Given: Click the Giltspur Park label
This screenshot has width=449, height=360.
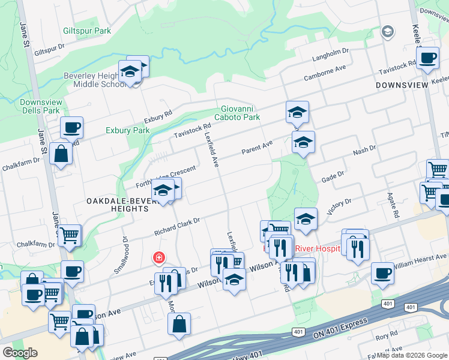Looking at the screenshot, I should pos(87,31).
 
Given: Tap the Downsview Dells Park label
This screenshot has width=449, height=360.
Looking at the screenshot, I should pos(40,106).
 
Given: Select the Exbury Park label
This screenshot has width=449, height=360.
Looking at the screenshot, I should pos(127,130).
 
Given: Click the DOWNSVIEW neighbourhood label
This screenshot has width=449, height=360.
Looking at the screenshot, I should pos(402,85).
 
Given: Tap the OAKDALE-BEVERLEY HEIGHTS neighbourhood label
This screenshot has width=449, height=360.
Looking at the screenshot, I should pos(117,204).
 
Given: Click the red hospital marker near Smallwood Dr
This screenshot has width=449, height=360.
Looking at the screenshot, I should pos(158,258).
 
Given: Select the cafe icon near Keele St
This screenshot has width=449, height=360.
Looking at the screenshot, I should pos(427,59).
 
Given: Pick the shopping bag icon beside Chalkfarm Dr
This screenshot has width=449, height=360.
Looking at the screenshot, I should pos(61,154).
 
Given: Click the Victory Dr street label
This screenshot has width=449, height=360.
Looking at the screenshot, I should pos(339,207).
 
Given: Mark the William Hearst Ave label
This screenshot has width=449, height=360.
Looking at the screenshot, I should pos(420,260).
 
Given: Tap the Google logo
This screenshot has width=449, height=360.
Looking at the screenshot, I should pos(20,353).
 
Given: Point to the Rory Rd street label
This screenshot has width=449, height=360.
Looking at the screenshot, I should pos(384,350).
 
